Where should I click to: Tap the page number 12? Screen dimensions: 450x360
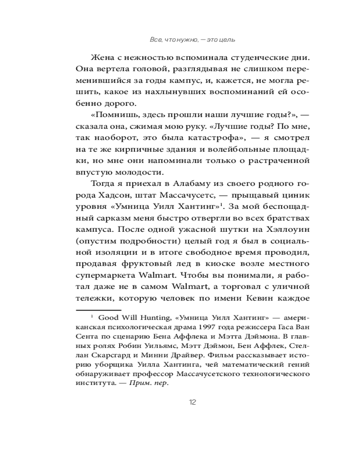coord(193,402)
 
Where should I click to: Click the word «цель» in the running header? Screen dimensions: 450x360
coord(228,40)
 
